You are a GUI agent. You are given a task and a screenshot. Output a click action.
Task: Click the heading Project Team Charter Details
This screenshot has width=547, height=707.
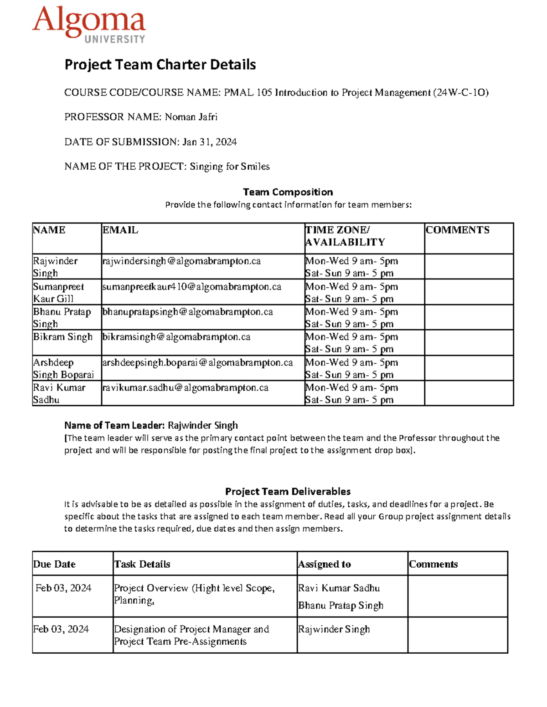pyautogui.click(x=160, y=65)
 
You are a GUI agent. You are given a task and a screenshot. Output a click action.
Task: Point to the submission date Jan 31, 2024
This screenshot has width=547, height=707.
pyautogui.click(x=209, y=142)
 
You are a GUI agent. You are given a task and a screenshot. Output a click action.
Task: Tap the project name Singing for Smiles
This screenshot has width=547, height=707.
pyautogui.click(x=229, y=167)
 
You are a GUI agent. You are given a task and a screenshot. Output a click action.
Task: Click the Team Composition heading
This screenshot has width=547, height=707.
pyautogui.click(x=288, y=192)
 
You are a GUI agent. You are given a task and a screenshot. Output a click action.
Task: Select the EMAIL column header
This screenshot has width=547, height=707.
pyautogui.click(x=120, y=230)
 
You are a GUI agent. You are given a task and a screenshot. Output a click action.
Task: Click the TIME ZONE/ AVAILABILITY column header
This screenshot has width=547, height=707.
pyautogui.click(x=345, y=236)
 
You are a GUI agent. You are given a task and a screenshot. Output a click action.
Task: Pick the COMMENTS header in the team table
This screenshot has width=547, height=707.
pyautogui.click(x=457, y=230)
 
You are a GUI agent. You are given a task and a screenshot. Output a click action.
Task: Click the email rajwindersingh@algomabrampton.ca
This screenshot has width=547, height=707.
pyautogui.click(x=181, y=261)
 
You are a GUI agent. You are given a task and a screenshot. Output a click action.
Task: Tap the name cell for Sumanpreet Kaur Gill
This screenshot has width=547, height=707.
pyautogui.click(x=58, y=293)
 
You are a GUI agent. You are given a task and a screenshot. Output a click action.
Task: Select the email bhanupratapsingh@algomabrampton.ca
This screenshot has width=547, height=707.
pyautogui.click(x=187, y=312)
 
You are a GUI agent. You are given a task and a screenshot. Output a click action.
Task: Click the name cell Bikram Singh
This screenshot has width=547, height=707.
pyautogui.click(x=62, y=337)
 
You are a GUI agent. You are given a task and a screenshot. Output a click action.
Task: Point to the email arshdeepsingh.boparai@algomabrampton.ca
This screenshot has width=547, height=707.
pyautogui.click(x=197, y=363)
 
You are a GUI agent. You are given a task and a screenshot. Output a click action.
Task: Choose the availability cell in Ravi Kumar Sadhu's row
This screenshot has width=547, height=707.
pyautogui.click(x=351, y=394)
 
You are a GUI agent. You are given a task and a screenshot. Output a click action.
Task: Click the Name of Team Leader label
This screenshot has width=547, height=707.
pyautogui.click(x=114, y=426)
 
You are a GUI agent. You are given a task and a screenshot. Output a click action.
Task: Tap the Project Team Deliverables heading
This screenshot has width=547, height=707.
pyautogui.click(x=288, y=492)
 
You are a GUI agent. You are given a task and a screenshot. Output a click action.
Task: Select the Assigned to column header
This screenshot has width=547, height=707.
pyautogui.click(x=324, y=565)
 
